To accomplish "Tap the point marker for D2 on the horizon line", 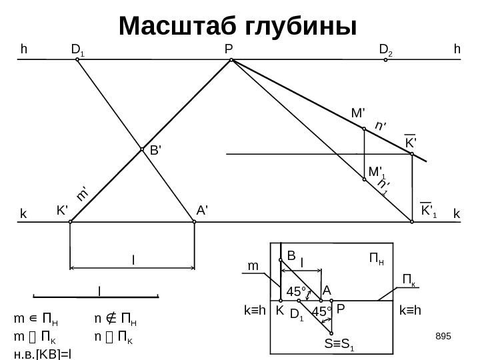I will click(x=386, y=60).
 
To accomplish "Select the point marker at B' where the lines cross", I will click(x=143, y=150).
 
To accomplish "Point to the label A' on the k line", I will click(x=203, y=211).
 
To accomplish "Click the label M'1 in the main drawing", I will click(x=377, y=172).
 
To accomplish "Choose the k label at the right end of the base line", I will click(x=457, y=214).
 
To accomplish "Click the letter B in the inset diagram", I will click(x=291, y=255).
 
